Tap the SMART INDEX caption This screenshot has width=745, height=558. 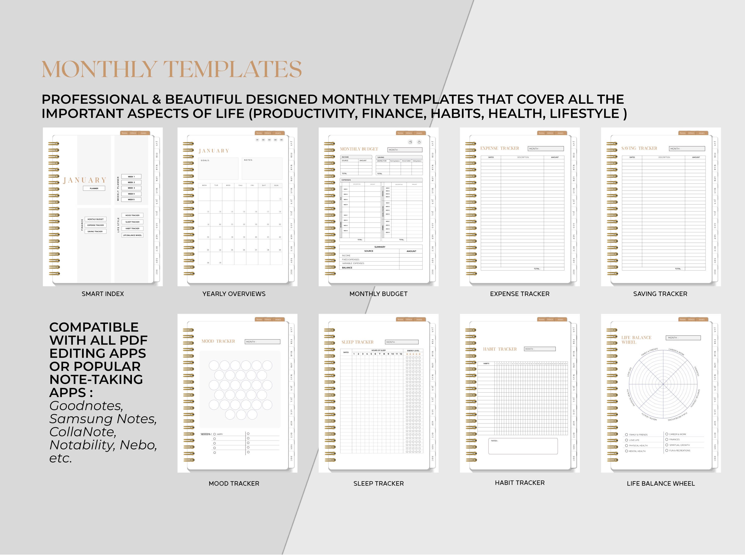point(103,294)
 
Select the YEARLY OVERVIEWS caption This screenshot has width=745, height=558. point(234,294)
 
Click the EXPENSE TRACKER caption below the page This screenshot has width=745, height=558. point(519,294)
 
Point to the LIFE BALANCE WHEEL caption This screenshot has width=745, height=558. point(661,484)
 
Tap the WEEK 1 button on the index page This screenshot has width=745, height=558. point(131,176)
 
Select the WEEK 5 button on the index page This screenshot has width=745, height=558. point(131,199)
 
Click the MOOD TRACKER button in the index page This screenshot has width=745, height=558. point(132,215)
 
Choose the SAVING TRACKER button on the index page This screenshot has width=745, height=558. point(95,231)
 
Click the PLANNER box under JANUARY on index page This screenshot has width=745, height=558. point(94,189)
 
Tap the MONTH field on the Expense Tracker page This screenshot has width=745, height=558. point(545,148)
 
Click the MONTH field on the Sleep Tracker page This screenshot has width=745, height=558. point(402,342)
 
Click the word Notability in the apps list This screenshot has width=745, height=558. point(81,445)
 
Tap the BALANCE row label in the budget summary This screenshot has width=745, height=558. point(347,267)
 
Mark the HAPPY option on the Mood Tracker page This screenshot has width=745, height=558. point(215,434)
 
